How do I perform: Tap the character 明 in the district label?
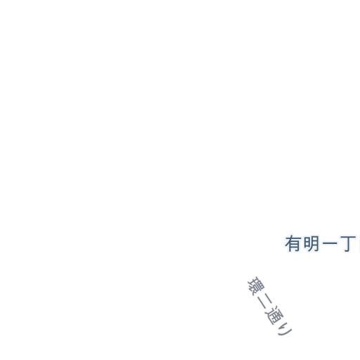point(311,244)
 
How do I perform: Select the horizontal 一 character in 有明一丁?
point(330,244)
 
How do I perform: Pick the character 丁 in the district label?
point(348,244)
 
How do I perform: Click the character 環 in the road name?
point(256,286)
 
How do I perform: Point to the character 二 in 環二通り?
point(265,301)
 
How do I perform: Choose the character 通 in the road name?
point(274,316)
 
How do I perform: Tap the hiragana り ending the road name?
point(284,329)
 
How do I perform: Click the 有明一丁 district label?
point(321,244)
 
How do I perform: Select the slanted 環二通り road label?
point(270,306)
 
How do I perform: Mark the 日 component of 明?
point(307,243)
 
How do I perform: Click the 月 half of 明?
point(315,244)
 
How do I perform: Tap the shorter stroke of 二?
point(269,297)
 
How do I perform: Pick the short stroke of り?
point(284,326)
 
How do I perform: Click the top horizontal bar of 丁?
point(348,238)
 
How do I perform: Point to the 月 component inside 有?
point(295,247)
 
